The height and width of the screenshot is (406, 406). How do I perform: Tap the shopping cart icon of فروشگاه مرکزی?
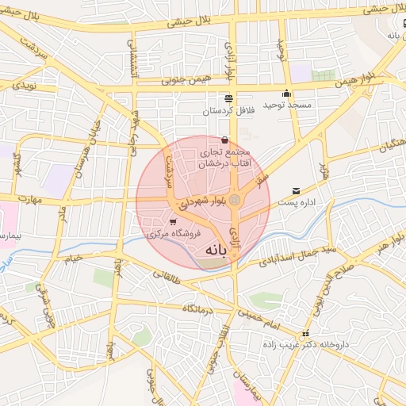173,221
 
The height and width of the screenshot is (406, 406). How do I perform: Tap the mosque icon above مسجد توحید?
286,94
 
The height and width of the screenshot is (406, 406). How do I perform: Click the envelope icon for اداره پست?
296,191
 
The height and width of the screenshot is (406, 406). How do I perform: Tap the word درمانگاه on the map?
199,308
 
